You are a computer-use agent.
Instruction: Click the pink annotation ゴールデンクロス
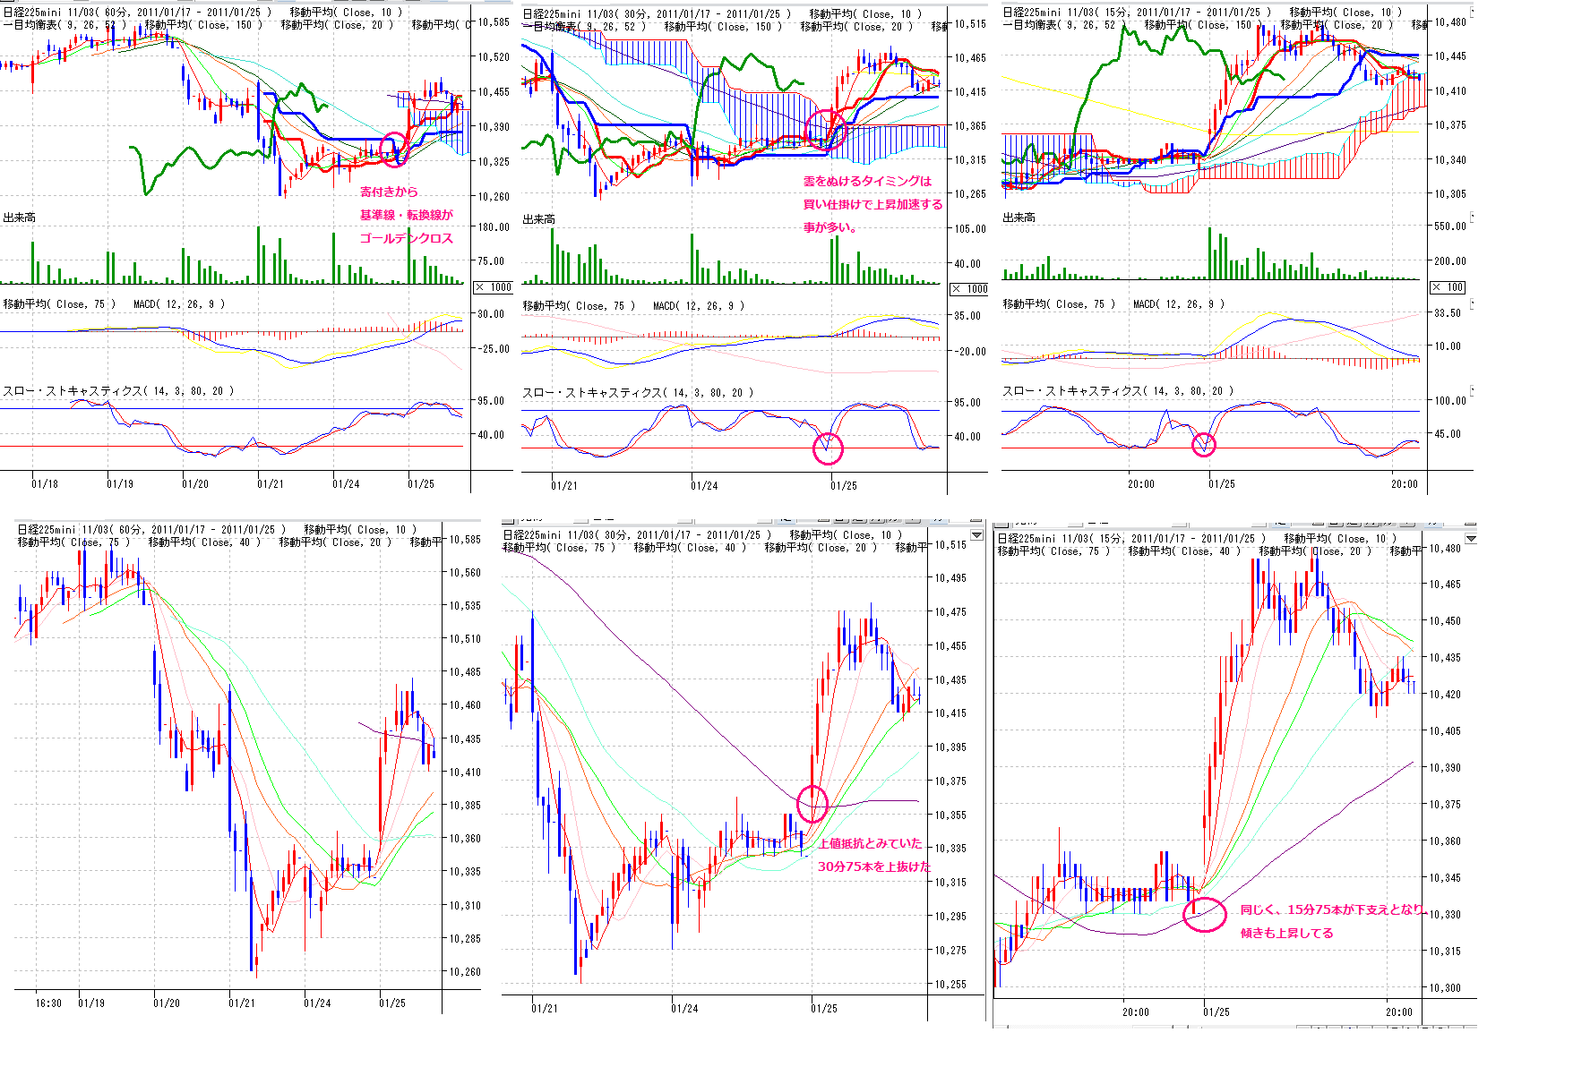point(406,238)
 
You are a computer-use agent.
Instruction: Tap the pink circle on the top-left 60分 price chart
point(393,149)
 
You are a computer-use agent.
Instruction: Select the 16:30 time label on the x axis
point(48,1003)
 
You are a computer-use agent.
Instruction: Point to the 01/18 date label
point(45,483)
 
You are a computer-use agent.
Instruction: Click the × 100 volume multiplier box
point(1448,287)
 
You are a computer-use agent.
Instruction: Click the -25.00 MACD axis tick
point(493,348)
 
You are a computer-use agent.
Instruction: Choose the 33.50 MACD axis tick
point(1448,313)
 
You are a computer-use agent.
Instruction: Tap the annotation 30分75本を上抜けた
point(873,866)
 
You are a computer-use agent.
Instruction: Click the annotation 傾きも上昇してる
point(1286,933)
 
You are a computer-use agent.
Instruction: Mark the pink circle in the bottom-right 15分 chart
point(1205,914)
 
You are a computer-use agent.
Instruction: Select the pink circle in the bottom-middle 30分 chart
point(812,804)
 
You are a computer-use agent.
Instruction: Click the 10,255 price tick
point(950,984)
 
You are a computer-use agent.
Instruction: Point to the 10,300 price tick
point(1445,988)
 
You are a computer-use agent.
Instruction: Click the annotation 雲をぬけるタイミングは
point(866,181)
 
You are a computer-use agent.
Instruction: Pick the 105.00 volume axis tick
point(969,228)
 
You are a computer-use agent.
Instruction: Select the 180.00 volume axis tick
point(493,226)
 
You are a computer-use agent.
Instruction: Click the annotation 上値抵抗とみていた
point(869,843)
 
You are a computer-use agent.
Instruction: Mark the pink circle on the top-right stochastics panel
point(1204,444)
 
